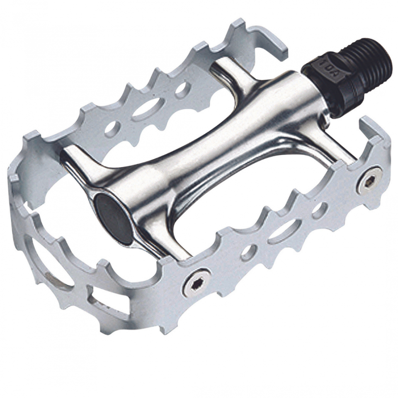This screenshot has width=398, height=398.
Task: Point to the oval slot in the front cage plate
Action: [285, 232]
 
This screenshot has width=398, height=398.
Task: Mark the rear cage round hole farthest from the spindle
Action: [112, 130]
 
